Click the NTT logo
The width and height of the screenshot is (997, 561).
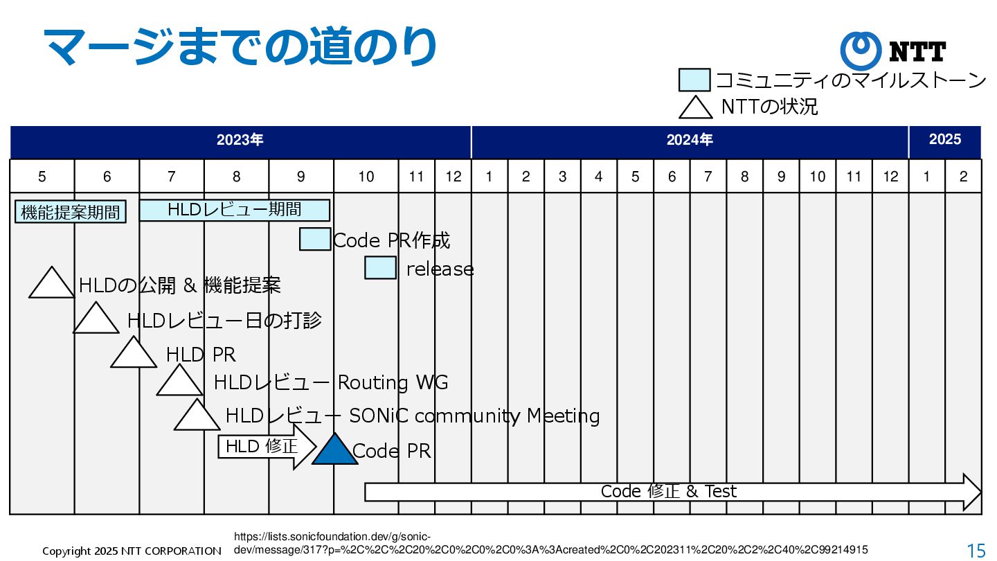pyautogui.click(x=892, y=51)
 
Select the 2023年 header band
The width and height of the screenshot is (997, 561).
pyautogui.click(x=240, y=141)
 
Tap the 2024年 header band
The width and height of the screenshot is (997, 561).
pyautogui.click(x=690, y=141)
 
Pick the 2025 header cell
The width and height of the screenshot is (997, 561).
pyautogui.click(x=945, y=141)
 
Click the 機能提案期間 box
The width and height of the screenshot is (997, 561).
pyautogui.click(x=71, y=212)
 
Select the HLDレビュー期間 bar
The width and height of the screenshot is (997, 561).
pyautogui.click(x=235, y=209)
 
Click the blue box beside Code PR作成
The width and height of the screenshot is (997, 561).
pyautogui.click(x=315, y=239)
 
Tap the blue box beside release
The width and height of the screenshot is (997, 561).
pyautogui.click(x=380, y=267)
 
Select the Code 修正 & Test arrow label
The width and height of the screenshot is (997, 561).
pyautogui.click(x=668, y=492)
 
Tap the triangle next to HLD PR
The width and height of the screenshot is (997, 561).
pyautogui.click(x=134, y=355)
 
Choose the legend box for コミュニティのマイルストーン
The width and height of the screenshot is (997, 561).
pyautogui.click(x=694, y=80)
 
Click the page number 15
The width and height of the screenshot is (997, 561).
pyautogui.click(x=976, y=551)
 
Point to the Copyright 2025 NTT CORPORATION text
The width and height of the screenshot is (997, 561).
pyautogui.click(x=132, y=551)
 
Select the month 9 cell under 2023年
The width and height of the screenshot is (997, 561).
pyautogui.click(x=301, y=177)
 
